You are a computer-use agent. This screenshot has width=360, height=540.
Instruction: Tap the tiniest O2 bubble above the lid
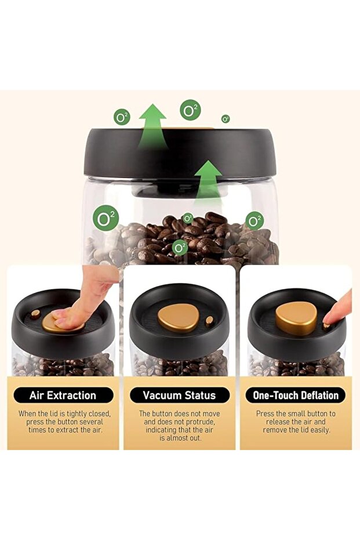[x=226, y=119]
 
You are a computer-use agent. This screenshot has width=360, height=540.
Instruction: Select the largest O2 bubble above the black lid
[x=190, y=110]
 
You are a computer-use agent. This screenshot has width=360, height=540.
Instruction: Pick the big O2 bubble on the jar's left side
[x=106, y=218]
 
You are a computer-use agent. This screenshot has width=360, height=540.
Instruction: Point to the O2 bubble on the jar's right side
[x=254, y=221]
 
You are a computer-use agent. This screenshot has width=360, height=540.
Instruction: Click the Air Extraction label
[x=63, y=395]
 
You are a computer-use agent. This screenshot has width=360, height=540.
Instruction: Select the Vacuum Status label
[x=179, y=395]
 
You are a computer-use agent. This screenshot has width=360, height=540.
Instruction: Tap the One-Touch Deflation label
[x=296, y=395]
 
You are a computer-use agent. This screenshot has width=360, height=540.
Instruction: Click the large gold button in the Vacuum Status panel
[x=175, y=317]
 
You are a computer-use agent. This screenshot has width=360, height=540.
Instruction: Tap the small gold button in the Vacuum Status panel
[x=209, y=321]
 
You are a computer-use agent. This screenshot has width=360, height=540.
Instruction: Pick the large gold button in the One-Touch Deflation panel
[x=296, y=318]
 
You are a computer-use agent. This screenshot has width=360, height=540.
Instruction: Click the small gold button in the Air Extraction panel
[x=35, y=314]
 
